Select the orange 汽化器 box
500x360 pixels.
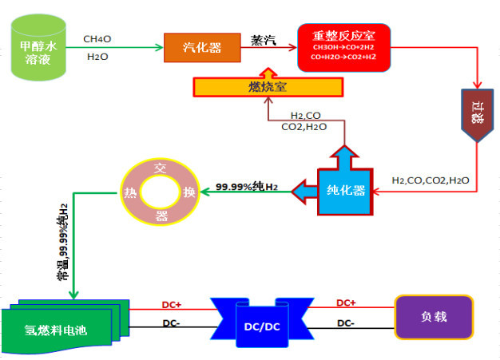click(x=203, y=47)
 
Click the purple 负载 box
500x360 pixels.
click(x=434, y=316)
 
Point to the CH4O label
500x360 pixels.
click(x=97, y=37)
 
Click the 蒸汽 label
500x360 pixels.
click(x=264, y=41)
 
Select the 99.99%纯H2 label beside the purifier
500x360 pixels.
click(x=247, y=187)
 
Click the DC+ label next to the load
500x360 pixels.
click(x=346, y=303)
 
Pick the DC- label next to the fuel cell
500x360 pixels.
click(x=170, y=322)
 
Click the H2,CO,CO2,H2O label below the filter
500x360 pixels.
click(x=431, y=181)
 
